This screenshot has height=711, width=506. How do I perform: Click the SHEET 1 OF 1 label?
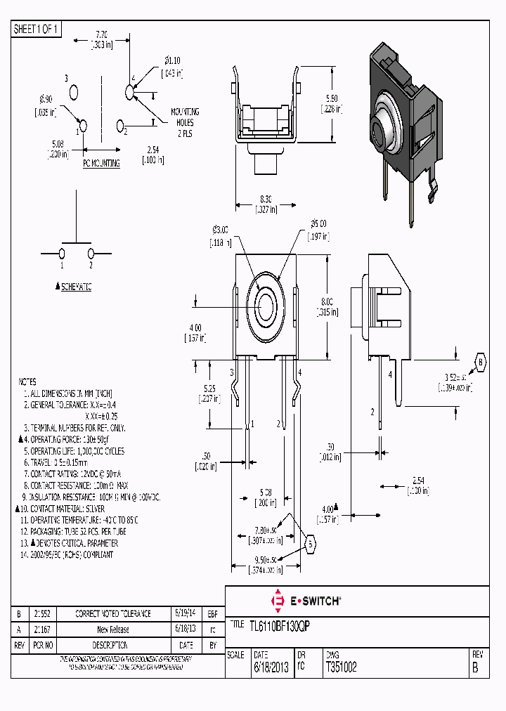[37, 29]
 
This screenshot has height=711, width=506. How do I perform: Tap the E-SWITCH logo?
[307, 601]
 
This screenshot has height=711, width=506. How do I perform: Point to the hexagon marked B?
[481, 361]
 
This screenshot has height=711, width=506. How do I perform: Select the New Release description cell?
[113, 630]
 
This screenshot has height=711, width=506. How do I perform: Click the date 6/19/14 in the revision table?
[186, 613]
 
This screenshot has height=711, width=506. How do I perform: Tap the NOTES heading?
[27, 381]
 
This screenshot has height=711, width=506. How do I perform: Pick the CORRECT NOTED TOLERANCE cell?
[113, 613]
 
